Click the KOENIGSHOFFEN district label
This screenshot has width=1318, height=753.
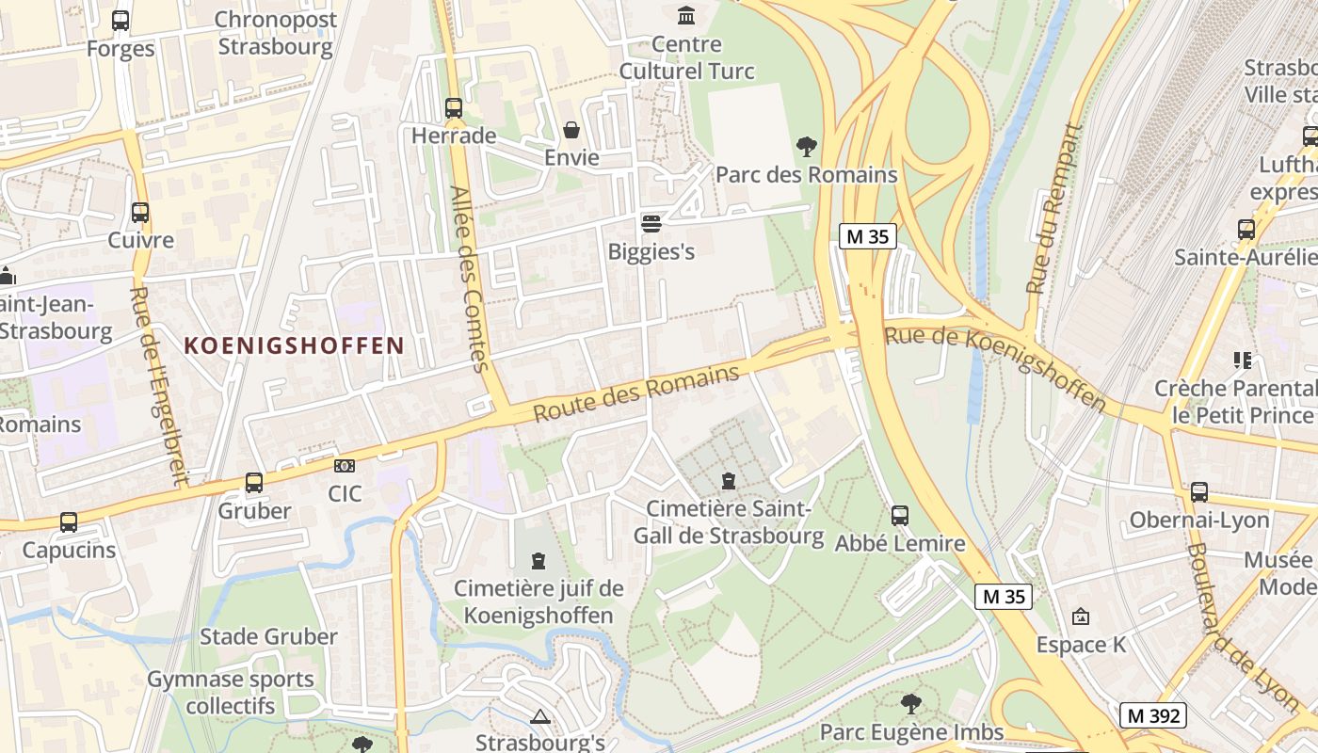point(294,345)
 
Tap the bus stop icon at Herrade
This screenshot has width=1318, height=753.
point(454,108)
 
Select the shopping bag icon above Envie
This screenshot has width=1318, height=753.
point(571,130)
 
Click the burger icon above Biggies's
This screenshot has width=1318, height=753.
point(651,224)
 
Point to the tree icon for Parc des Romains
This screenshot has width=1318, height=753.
point(806,147)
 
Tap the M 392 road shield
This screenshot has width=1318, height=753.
point(1153,715)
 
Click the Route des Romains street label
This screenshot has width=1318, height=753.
point(636,393)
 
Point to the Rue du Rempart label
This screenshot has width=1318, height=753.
point(1054,209)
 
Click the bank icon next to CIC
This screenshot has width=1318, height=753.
point(345,466)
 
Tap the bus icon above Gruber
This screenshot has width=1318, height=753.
point(254,483)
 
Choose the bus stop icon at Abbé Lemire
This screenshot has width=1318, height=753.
point(900,516)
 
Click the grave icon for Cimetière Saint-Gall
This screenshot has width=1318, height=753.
point(728,482)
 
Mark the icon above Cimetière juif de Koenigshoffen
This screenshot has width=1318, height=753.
point(538,562)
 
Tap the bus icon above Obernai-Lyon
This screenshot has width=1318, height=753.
point(1199,492)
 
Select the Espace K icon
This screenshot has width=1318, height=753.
point(1081,617)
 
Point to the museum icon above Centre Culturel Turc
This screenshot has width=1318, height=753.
point(687,16)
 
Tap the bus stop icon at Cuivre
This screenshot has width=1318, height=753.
point(140,213)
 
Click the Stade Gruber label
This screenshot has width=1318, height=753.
point(268,636)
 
